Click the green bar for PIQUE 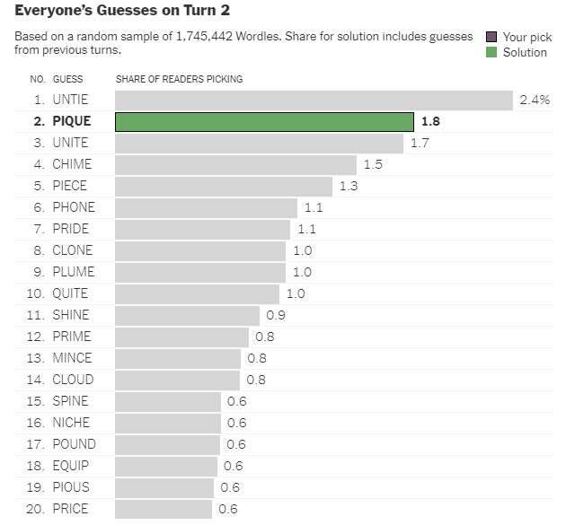pos(264,121)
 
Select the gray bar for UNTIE pos(314,100)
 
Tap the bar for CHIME pos(235,164)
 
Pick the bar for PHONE pos(206,207)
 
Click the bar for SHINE pos(187,315)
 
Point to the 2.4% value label pos(535,100)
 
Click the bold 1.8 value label pos(430,121)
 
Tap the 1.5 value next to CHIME pos(373,164)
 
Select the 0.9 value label pos(276,315)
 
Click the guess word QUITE pos(70,293)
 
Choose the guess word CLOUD pos(72,380)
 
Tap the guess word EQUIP pos(70,466)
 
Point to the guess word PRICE pos(70,509)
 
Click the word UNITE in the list pos(70,143)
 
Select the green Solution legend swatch pos(491,52)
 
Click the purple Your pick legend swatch pos(491,37)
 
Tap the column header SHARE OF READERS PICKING pos(179,80)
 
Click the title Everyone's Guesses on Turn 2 pos(122,12)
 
